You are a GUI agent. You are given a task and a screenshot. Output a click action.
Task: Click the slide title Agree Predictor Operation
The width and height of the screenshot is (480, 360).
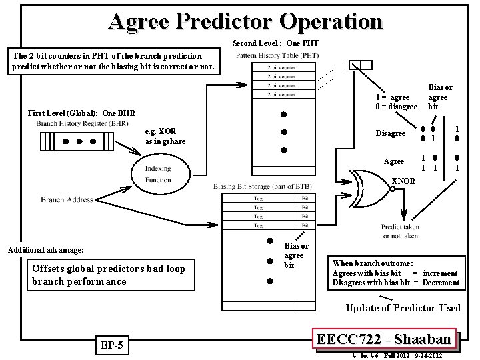[x=245, y=21]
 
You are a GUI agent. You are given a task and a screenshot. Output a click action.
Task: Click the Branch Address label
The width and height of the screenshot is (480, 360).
[x=66, y=199]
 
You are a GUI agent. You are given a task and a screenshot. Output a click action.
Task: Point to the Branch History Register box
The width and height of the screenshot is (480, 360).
[x=73, y=141]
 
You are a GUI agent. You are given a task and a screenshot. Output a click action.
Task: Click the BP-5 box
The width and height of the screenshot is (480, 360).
[x=109, y=345]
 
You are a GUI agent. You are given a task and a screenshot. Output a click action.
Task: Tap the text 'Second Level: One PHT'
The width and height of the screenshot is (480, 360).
[x=275, y=44]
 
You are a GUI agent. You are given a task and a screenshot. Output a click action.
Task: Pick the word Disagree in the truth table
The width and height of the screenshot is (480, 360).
[x=390, y=133]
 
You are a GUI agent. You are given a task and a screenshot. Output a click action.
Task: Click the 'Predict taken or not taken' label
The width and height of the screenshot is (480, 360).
[x=400, y=231]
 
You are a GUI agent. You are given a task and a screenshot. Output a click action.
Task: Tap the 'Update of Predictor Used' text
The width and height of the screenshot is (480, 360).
[x=403, y=307]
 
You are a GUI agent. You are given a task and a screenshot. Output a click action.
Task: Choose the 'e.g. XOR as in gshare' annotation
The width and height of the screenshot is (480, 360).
[x=166, y=137]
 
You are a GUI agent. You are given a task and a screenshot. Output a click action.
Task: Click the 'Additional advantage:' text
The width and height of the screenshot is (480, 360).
[x=45, y=250]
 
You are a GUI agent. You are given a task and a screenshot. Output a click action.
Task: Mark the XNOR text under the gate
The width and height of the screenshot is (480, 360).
[x=403, y=181]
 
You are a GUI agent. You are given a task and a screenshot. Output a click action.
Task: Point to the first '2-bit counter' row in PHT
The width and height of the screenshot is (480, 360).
[x=282, y=67]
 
